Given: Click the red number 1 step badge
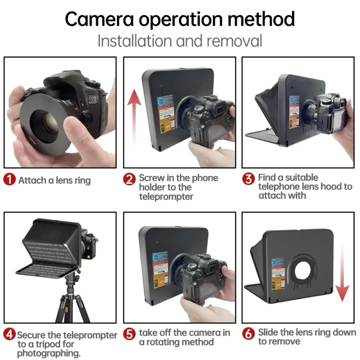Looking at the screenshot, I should click(x=9, y=179).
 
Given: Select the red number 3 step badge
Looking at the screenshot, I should click(x=248, y=179).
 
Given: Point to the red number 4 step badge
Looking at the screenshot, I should click(x=9, y=334).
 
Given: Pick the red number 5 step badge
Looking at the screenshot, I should click(x=129, y=334).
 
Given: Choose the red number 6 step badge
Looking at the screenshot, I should click(x=248, y=334).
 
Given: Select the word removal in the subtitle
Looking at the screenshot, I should click(x=235, y=40).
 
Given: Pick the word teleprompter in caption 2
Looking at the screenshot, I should click(x=166, y=196).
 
